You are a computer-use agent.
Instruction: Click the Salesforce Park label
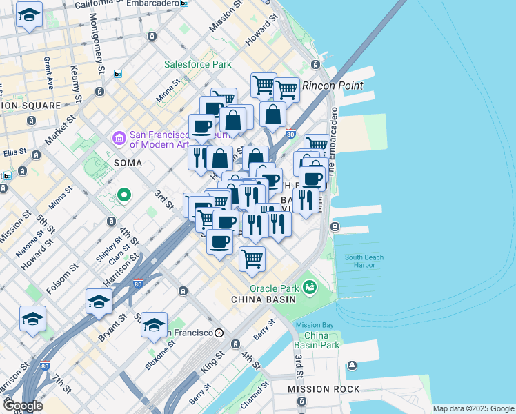197,65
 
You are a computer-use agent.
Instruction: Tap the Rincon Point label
333,86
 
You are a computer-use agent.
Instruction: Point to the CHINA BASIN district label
263,299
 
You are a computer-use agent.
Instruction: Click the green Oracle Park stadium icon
310,286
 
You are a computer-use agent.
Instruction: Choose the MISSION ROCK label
324,389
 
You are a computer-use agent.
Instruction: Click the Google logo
22,405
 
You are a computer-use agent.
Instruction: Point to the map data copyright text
473,408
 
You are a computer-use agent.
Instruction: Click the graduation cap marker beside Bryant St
99,302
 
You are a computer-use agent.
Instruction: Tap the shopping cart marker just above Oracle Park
252,259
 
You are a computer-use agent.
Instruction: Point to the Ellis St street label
16,152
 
